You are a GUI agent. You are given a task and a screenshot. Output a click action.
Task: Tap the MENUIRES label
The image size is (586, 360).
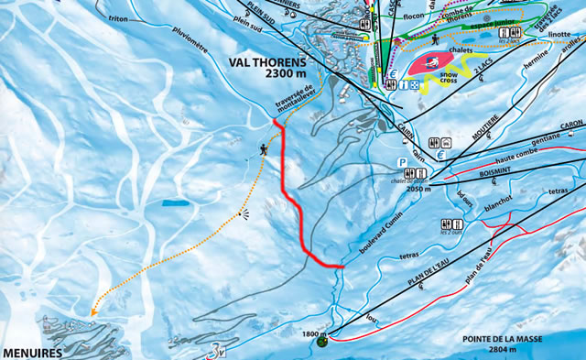tap(30, 352)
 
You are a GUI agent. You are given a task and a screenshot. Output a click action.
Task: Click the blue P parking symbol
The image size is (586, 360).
tap(401, 162)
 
